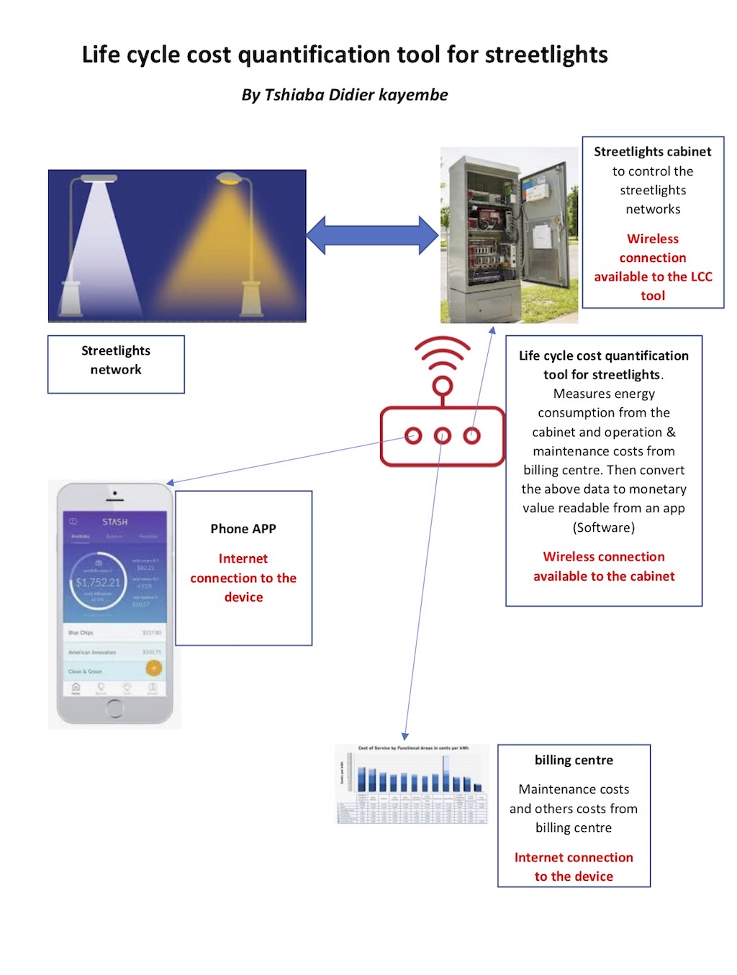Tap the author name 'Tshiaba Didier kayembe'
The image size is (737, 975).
click(x=356, y=95)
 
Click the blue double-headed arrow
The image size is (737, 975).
click(x=372, y=235)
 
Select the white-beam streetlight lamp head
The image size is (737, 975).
click(x=99, y=178)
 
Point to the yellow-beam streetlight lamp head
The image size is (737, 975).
click(x=230, y=178)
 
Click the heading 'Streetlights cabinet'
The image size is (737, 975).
click(x=652, y=152)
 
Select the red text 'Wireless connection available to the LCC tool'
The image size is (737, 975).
click(x=653, y=267)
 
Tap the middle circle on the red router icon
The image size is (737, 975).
click(x=443, y=435)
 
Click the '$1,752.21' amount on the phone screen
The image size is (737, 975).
click(x=98, y=582)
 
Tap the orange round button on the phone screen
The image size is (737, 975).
click(x=153, y=668)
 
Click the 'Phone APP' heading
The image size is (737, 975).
click(x=243, y=529)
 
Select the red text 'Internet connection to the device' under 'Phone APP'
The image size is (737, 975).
click(x=243, y=578)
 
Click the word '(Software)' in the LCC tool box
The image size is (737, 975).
click(x=604, y=527)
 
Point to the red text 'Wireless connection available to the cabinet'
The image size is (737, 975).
click(x=604, y=566)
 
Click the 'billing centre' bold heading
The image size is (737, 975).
click(x=574, y=761)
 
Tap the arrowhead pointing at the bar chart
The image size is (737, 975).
click(x=405, y=736)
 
